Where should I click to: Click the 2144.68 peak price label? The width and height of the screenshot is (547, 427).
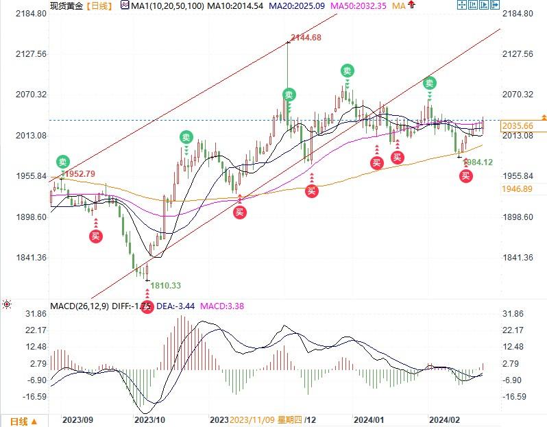306,38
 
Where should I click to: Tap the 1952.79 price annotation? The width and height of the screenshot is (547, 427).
80,173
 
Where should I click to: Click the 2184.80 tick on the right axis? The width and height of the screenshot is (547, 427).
518,14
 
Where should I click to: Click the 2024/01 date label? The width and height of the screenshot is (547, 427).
370,418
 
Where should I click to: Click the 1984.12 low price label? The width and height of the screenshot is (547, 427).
478,162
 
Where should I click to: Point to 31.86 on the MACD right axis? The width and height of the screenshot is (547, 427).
515,314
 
